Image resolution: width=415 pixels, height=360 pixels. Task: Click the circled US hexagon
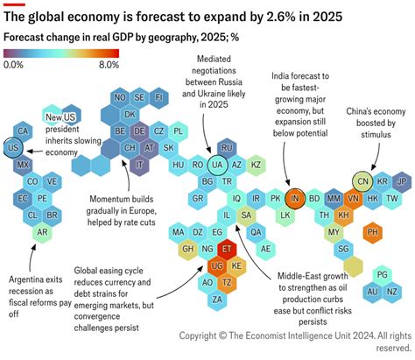tap(14, 149)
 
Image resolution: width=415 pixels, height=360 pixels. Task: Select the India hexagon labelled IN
tap(295, 198)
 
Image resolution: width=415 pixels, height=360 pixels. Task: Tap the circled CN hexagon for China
tap(362, 181)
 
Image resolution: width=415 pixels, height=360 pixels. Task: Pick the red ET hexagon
tap(228, 249)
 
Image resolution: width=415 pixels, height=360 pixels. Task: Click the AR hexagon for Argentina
tap(42, 232)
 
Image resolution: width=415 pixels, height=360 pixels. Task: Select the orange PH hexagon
tap(373, 232)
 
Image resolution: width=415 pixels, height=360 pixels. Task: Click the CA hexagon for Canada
tap(25, 131)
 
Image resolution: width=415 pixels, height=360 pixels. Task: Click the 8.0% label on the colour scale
tap(109, 65)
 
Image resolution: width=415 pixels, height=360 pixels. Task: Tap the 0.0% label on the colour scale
tap(14, 65)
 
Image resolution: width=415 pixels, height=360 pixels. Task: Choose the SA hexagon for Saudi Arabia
tap(247, 215)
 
